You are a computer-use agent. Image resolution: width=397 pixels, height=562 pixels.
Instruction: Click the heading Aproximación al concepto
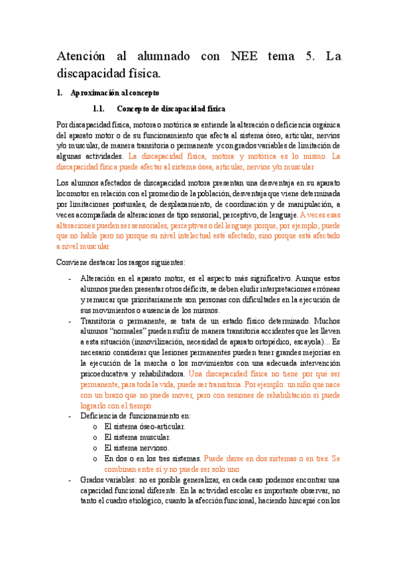click(119, 93)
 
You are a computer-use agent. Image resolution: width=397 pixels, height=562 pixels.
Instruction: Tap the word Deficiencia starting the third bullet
click(100, 416)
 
